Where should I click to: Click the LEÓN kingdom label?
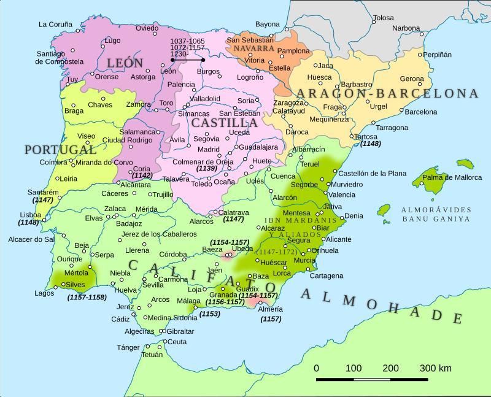tap(125, 63)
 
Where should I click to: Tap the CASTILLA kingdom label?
tap(224, 123)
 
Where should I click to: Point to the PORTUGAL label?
tap(61, 150)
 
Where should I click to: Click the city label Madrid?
tap(209, 149)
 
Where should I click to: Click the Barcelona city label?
tap(421, 112)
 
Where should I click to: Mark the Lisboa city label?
tap(30, 215)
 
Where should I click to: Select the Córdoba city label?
tap(172, 254)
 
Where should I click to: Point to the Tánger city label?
tap(128, 347)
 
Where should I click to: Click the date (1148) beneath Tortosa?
tap(371, 144)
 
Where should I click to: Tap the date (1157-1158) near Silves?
tap(87, 298)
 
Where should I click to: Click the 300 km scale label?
tap(436, 369)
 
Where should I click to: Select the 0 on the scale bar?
tap(316, 369)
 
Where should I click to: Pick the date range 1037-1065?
tap(187, 40)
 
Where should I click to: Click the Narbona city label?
tap(406, 28)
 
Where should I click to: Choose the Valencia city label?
tap(342, 195)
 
